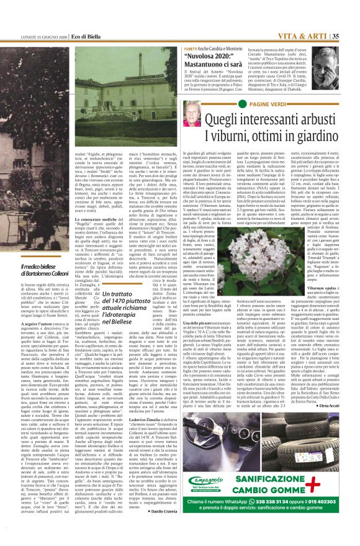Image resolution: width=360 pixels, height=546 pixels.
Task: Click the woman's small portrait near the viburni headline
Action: tap(192, 114)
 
